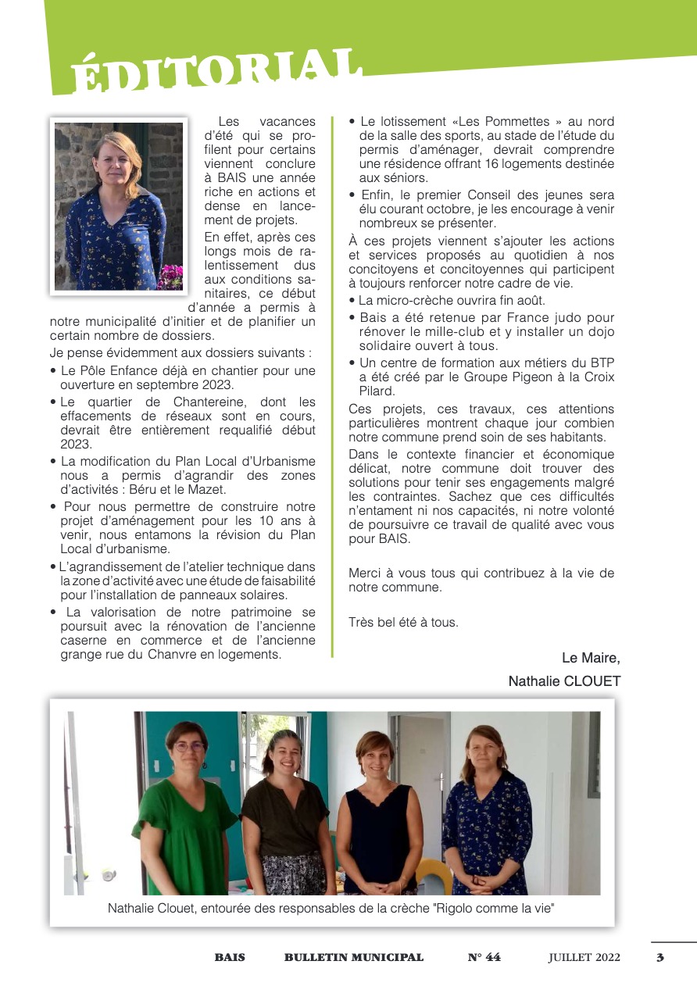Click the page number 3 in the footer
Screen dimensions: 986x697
pos(660,957)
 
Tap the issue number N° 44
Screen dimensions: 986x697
pos(484,957)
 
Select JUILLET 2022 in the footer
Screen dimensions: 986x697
pos(584,957)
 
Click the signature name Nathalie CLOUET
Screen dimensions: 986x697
pos(564,681)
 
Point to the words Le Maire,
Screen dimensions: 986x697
pos(591,658)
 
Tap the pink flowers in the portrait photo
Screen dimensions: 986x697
pos(170,277)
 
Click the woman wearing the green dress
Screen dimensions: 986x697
pos(186,813)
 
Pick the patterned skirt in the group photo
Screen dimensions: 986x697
pos(295,873)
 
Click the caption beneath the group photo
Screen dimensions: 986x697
pos(331,908)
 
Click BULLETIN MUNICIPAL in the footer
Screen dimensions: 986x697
pos(354,957)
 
